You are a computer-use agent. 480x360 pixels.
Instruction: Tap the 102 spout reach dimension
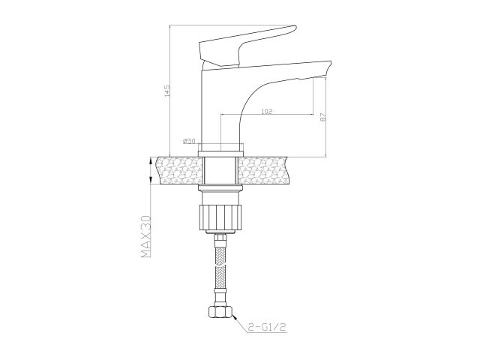267,111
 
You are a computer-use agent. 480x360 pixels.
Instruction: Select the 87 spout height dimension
322,118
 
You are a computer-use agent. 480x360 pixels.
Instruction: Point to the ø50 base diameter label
189,140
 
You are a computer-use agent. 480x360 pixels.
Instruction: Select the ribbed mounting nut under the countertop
219,214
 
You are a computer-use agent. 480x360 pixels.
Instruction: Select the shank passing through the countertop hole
219,171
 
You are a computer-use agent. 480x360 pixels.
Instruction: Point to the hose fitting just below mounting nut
220,239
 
